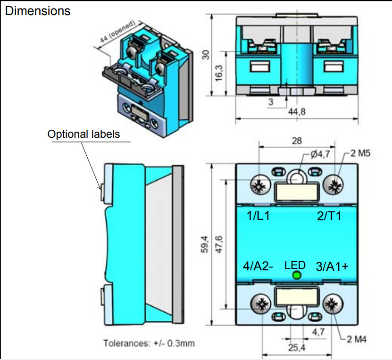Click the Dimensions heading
click(x=38, y=10)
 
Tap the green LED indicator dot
click(x=297, y=276)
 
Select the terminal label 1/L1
click(x=259, y=217)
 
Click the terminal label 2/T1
click(x=329, y=217)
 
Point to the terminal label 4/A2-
click(x=258, y=266)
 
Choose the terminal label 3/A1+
click(x=332, y=266)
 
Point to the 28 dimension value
click(x=297, y=141)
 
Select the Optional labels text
click(x=83, y=134)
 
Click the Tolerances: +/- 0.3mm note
click(x=149, y=343)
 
